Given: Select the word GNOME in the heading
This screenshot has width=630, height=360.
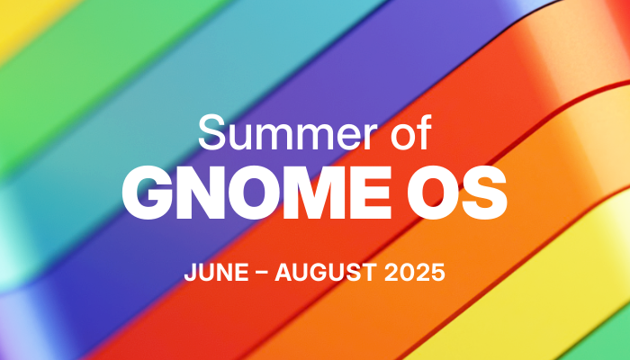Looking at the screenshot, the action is coord(256,193).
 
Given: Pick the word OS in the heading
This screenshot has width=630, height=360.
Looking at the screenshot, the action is coord(457,193).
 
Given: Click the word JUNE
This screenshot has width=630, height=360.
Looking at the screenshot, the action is coord(216,273).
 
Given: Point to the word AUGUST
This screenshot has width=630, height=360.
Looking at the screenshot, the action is coord(326,273).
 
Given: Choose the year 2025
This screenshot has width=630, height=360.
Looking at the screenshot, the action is coord(415,273).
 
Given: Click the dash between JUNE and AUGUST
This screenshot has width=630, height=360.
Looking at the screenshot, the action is coord(262,274).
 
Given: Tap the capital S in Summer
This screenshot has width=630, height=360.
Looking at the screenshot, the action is coord(211,132).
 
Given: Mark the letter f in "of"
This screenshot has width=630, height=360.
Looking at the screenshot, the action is coord(424,132).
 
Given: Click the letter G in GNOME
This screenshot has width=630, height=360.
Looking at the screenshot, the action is coord(148,193).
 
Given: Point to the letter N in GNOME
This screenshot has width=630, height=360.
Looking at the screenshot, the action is coord(202,193).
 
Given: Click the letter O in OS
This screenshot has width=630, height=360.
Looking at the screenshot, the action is coord(433,193).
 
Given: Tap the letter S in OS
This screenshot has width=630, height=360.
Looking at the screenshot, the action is coord(485,193).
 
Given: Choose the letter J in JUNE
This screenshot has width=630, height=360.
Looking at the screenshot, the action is coord(191,273).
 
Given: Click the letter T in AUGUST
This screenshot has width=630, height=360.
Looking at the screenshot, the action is coord(370,273).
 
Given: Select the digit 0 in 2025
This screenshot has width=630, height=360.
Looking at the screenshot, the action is coord(407,273).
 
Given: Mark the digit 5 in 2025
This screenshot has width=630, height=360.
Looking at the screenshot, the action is coord(438,273).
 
